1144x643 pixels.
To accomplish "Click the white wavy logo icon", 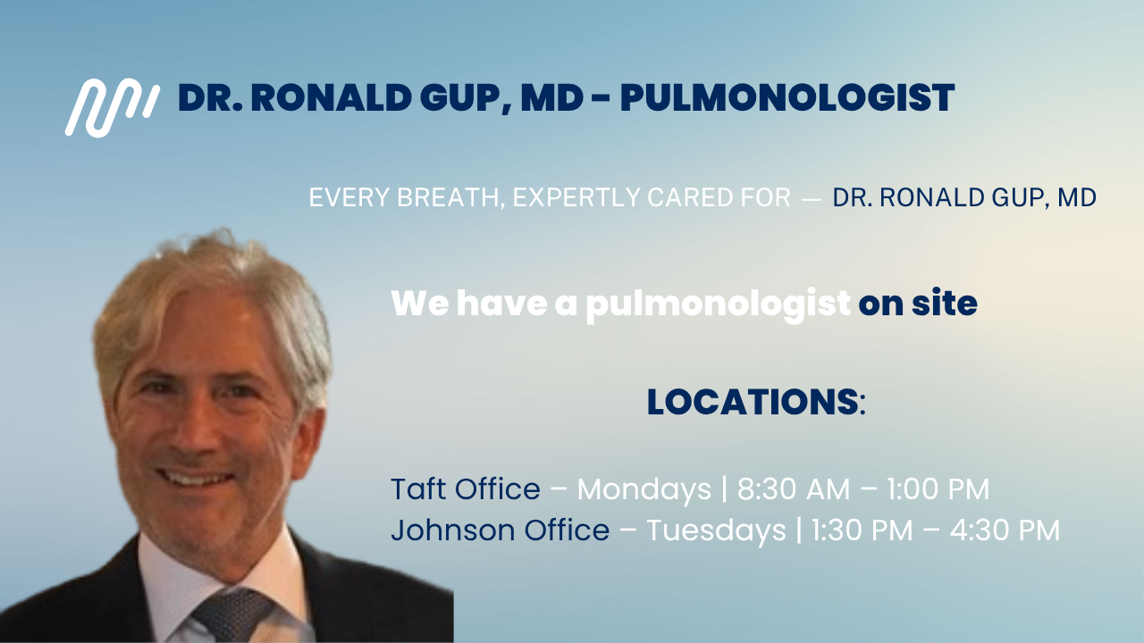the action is (x=113, y=108).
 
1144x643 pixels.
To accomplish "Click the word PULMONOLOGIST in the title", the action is (x=787, y=97).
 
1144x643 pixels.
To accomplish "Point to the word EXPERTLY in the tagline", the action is (x=575, y=197).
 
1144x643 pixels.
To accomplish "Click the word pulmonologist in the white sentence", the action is (x=718, y=305).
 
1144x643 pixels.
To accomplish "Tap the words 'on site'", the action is (x=918, y=304).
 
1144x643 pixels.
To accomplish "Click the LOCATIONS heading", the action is (x=753, y=402).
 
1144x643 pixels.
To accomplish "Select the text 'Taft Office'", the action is (x=466, y=489).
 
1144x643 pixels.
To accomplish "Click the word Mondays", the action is (x=644, y=490).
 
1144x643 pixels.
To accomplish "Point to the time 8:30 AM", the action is (x=794, y=489).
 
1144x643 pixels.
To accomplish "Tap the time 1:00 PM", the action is (x=938, y=489).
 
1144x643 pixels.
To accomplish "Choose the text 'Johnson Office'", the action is (x=500, y=530).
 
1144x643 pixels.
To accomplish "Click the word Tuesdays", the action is (x=716, y=530).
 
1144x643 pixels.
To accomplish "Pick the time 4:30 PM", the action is (x=1005, y=530).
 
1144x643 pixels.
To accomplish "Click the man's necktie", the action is (x=230, y=615).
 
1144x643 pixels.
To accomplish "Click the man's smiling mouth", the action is (x=196, y=479).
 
